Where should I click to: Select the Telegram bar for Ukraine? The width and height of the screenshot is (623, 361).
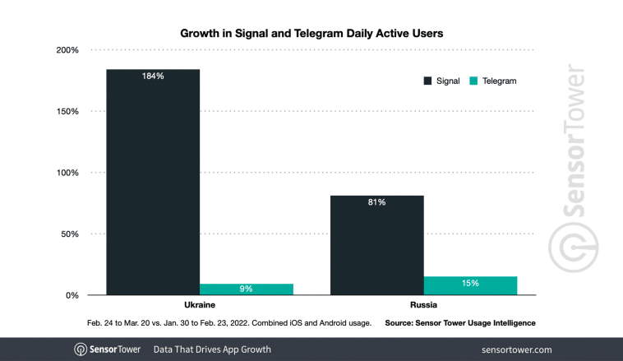(x=246, y=289)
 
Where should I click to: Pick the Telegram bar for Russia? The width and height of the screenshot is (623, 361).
(x=470, y=285)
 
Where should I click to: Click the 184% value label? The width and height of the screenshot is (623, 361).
(x=153, y=76)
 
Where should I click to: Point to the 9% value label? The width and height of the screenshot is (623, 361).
(x=246, y=289)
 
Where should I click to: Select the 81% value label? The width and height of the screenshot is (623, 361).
(x=377, y=202)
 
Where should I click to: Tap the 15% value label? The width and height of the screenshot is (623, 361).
(x=470, y=284)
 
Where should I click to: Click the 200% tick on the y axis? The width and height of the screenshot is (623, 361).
(x=67, y=50)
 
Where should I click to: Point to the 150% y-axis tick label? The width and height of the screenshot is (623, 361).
(x=67, y=112)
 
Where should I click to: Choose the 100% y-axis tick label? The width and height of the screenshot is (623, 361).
(x=67, y=173)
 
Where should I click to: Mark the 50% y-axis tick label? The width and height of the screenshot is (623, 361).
(x=68, y=234)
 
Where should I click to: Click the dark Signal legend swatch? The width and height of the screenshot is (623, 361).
(x=428, y=81)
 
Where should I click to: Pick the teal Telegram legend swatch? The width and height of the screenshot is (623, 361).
(x=473, y=81)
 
